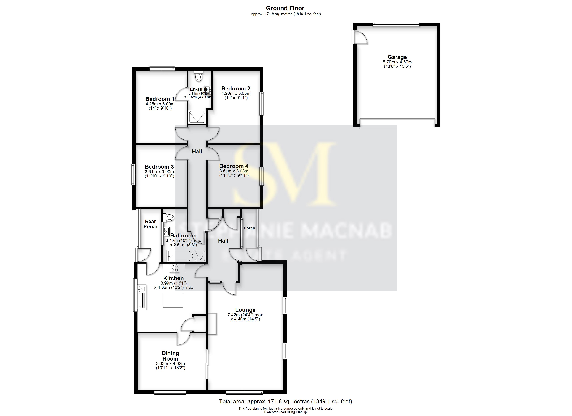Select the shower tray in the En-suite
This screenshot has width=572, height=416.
click(197, 117)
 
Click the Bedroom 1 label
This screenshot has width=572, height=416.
click(160, 99)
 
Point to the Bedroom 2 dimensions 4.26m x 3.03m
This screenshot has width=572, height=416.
click(236, 93)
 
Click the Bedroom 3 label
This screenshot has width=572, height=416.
click(159, 167)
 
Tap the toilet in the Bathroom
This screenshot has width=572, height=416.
click(169, 217)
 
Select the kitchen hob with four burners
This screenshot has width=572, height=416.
click(174, 268)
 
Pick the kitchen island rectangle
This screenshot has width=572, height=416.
click(173, 300)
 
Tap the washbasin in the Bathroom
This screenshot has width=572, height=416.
click(166, 231)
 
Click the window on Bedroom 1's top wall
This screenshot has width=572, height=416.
click(162, 68)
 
